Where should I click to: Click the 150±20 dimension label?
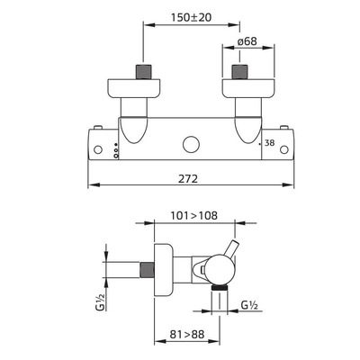[x=192, y=17]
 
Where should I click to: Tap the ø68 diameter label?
[x=247, y=40]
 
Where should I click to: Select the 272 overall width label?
[x=188, y=179]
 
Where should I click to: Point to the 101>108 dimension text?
[x=194, y=215]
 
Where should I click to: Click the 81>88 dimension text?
[x=187, y=334]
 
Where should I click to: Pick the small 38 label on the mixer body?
[x=270, y=143]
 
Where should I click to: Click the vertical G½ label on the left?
[x=102, y=302]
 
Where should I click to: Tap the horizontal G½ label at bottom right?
[x=249, y=305]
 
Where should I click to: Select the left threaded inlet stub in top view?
[x=143, y=72]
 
